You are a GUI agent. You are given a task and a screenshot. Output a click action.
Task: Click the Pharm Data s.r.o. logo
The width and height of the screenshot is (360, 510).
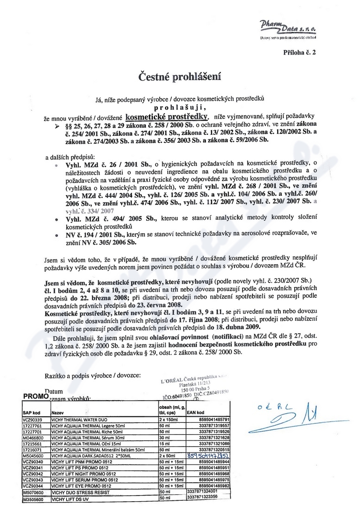pos(295,28)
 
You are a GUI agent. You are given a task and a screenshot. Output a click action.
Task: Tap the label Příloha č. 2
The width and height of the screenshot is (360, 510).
pos(299,52)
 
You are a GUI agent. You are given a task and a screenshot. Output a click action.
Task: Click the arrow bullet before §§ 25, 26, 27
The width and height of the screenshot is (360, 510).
pos(57,126)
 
